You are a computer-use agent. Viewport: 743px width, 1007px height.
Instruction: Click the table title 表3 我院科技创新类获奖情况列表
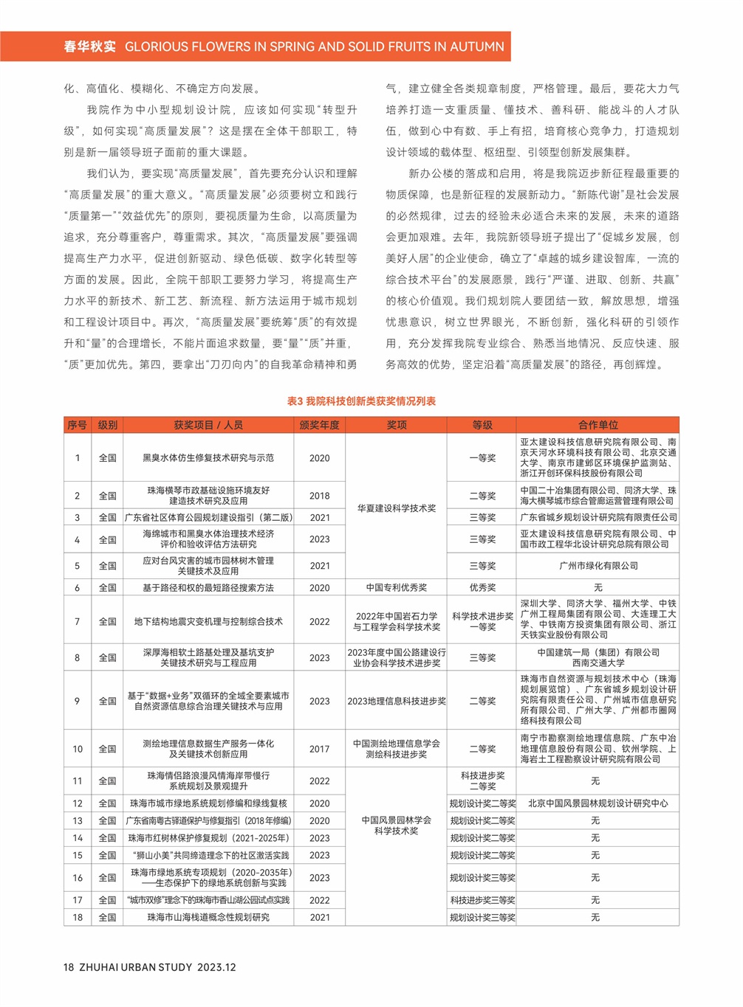point(361,401)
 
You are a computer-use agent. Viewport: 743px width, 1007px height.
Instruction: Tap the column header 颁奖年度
point(319,425)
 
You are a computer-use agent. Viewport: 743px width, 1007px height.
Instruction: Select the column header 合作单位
point(598,425)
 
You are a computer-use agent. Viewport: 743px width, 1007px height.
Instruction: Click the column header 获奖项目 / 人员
point(208,425)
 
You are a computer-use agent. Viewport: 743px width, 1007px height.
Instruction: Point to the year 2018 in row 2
point(319,496)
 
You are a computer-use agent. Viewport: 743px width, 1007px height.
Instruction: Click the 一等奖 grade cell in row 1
point(482,458)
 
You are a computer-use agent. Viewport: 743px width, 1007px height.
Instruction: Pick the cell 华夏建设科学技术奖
point(397,508)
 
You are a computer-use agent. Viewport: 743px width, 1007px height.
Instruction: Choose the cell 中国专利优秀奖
point(397,588)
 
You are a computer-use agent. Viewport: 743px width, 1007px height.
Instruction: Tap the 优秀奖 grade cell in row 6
point(482,588)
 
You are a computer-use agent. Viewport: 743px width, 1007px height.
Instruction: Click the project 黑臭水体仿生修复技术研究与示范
point(208,458)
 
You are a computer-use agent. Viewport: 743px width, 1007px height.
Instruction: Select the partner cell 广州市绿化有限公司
point(598,566)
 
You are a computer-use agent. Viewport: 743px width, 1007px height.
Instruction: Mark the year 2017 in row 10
point(319,749)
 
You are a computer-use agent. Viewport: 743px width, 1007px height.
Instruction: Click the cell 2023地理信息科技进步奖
point(397,701)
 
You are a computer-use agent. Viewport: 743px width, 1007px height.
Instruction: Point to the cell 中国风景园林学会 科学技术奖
point(397,826)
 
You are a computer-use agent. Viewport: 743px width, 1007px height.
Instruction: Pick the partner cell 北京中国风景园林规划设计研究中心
point(598,803)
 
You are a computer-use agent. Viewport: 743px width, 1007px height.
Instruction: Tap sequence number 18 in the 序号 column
point(78,917)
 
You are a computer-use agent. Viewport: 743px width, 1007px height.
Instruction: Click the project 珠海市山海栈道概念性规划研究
point(208,917)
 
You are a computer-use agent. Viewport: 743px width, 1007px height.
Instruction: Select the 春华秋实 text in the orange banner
point(89,46)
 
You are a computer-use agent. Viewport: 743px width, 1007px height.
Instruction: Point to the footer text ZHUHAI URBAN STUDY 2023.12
point(157,967)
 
